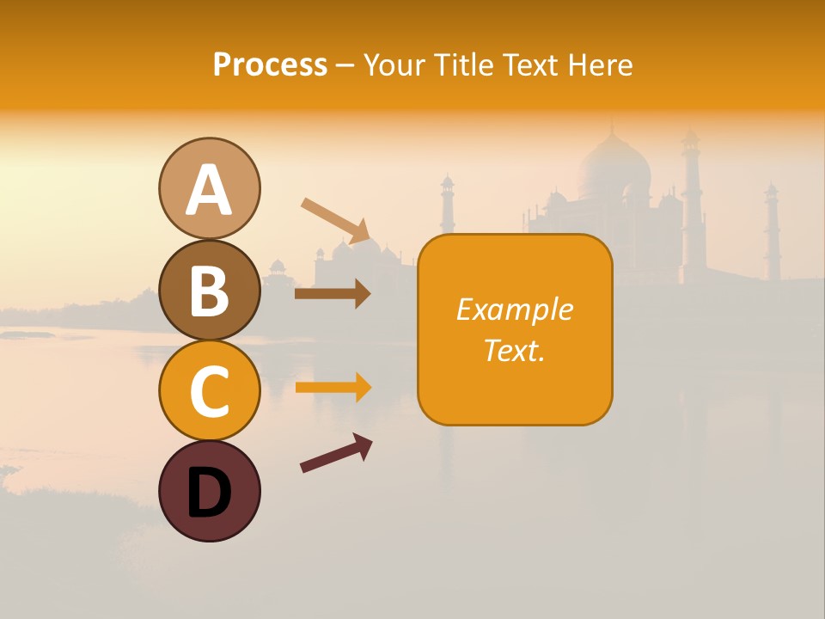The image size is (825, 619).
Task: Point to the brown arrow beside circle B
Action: pos(333,294)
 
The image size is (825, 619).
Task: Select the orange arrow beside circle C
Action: pos(333,388)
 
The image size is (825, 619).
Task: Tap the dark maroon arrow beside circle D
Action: pos(336,453)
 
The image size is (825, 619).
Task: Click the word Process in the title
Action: pos(270,64)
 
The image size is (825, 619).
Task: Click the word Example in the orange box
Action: pos(514,309)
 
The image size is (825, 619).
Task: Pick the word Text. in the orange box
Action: pos(514,350)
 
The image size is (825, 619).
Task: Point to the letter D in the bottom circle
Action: pos(209,493)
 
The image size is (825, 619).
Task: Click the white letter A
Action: pos(209,190)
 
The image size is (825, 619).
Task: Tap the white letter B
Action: pos(209,291)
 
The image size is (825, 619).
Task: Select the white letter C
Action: pos(209,391)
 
